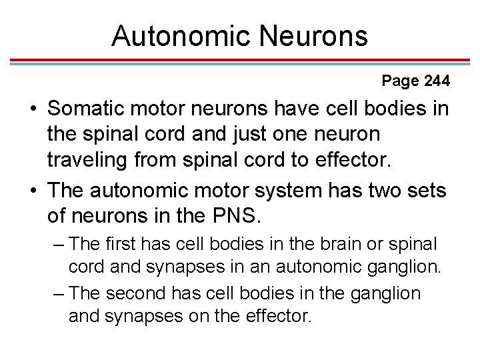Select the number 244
click(x=436, y=81)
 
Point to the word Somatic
click(x=89, y=109)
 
